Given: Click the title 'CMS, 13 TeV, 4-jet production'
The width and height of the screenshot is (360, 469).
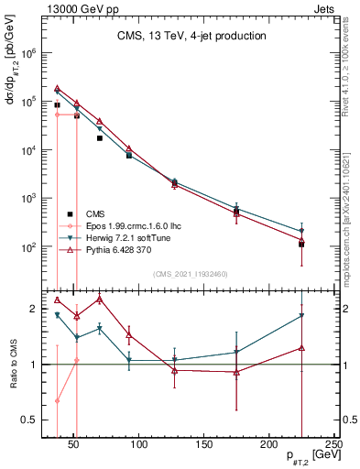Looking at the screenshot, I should click(191, 37).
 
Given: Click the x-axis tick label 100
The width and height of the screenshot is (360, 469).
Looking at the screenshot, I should click(139, 446).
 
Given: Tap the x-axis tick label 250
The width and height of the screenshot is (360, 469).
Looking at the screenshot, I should click(333, 446).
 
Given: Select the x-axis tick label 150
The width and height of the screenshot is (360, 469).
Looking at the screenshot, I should click(204, 446).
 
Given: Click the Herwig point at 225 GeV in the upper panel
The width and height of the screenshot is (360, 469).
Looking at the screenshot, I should click(301, 231).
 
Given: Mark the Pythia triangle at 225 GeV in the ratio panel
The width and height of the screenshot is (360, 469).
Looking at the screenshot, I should click(301, 348).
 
